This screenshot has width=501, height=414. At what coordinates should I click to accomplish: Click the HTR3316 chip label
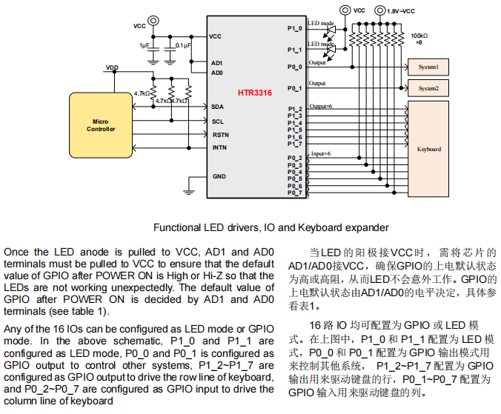(254, 93)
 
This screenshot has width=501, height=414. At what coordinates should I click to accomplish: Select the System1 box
(428, 67)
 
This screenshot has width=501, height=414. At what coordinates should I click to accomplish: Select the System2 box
(428, 88)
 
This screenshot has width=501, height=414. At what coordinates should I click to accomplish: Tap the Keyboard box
(428, 149)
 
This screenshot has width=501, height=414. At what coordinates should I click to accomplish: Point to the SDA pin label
(217, 107)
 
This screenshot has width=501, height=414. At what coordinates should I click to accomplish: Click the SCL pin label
(217, 121)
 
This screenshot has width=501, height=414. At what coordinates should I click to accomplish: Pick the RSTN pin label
(220, 135)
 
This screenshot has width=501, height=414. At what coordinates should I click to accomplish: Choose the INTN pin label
(219, 147)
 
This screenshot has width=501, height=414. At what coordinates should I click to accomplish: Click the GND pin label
(219, 176)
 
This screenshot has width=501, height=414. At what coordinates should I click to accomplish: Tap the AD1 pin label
(216, 63)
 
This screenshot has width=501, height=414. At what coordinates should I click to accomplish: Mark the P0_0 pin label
(294, 67)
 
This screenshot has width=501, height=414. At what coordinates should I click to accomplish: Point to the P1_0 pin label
(294, 28)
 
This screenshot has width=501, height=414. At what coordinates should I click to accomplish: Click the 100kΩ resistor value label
(419, 36)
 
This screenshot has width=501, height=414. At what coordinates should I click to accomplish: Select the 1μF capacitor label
(145, 45)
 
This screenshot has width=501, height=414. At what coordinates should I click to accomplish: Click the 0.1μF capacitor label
(183, 45)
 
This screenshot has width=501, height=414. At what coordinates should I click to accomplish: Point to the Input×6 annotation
(320, 153)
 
